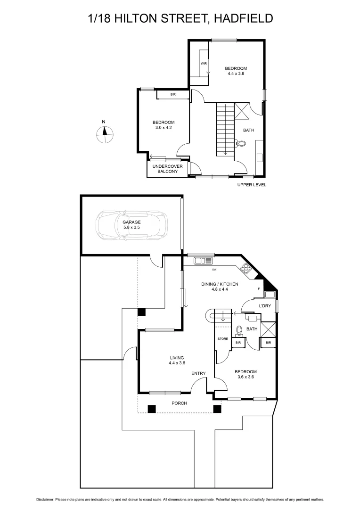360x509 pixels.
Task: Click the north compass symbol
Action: tap(105, 135)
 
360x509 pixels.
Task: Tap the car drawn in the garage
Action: tap(131, 226)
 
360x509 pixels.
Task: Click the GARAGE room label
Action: tap(131, 224)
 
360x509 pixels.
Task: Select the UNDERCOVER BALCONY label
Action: tap(167, 169)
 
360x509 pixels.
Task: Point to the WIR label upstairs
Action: tap(204, 63)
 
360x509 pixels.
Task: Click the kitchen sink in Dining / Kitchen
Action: tap(204, 261)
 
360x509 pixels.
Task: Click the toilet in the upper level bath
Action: tap(242, 144)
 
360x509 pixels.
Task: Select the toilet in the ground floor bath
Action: tap(239, 330)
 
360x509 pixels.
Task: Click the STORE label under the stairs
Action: tap(223, 339)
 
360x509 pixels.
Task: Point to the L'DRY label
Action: tap(263, 305)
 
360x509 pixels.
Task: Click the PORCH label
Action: tap(179, 403)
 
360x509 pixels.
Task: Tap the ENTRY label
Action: tap(198, 374)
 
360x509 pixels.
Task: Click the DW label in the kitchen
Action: tap(214, 270)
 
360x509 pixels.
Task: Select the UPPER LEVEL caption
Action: tap(252, 185)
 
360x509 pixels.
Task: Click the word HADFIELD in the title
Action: tap(243, 18)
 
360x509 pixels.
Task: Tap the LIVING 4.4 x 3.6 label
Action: tap(176, 361)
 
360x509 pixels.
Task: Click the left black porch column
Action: tap(152, 409)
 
